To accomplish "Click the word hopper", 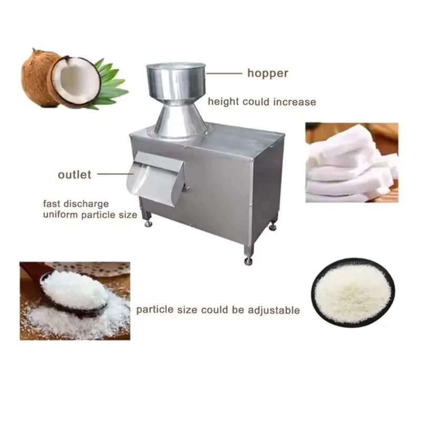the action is pyautogui.click(x=268, y=73).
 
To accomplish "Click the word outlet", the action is pyautogui.click(x=75, y=175).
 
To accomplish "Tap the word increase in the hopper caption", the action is pyautogui.click(x=295, y=102).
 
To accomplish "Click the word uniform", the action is pyautogui.click(x=61, y=215).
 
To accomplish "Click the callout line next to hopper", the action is pyautogui.click(x=224, y=73).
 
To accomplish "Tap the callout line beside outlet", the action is pyautogui.click(x=115, y=174).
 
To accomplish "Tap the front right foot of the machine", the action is pyautogui.click(x=248, y=255).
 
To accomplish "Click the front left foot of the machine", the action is pyautogui.click(x=148, y=219).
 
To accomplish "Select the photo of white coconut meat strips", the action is pyautogui.click(x=352, y=163).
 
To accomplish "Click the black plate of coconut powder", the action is pyautogui.click(x=353, y=293).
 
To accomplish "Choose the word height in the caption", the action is pyautogui.click(x=223, y=102).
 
